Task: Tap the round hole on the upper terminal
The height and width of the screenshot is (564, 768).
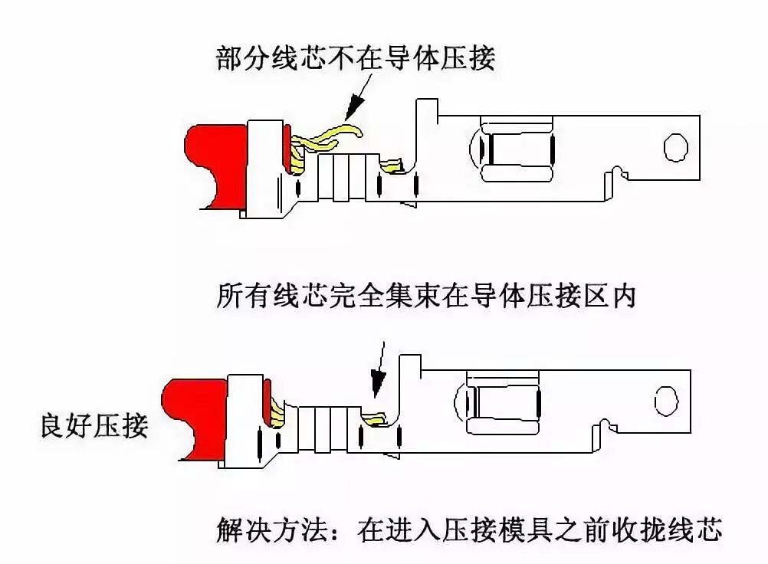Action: (675, 148)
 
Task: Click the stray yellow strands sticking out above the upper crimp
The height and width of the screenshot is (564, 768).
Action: (330, 136)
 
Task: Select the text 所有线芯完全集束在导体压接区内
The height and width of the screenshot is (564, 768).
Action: (427, 295)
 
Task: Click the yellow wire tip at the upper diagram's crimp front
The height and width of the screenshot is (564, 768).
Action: (393, 164)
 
